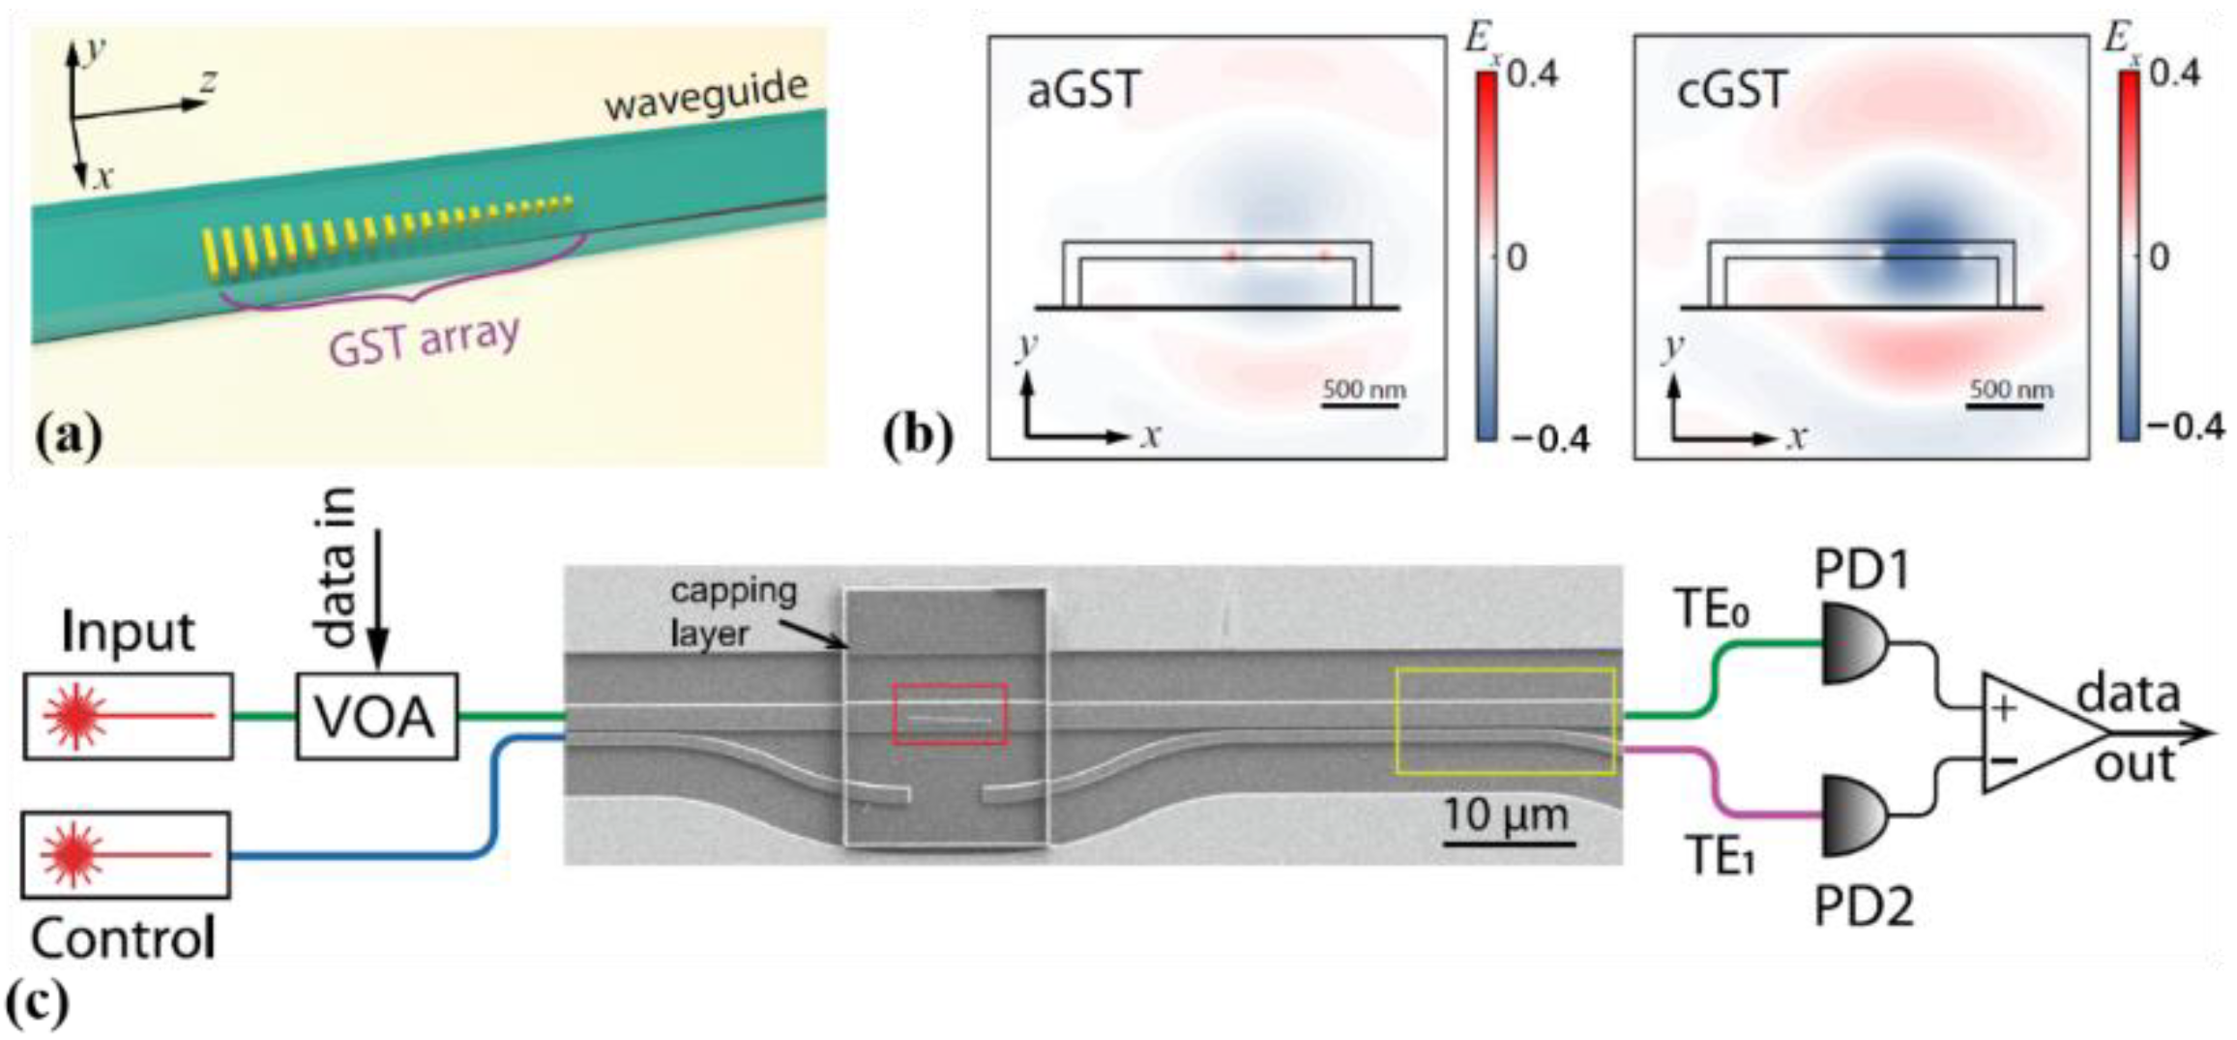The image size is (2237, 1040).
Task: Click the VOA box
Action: [x=376, y=717]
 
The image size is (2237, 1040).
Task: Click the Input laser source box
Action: [x=128, y=716]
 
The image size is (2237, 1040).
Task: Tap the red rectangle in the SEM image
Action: [x=950, y=714]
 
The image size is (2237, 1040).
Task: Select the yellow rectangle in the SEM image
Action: [x=1505, y=721]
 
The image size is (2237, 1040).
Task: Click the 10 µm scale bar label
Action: [x=1506, y=815]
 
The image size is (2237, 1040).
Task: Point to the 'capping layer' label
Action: [x=732, y=611]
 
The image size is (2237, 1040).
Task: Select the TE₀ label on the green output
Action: [x=1714, y=611]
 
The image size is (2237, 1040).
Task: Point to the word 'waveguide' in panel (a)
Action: [x=706, y=97]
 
